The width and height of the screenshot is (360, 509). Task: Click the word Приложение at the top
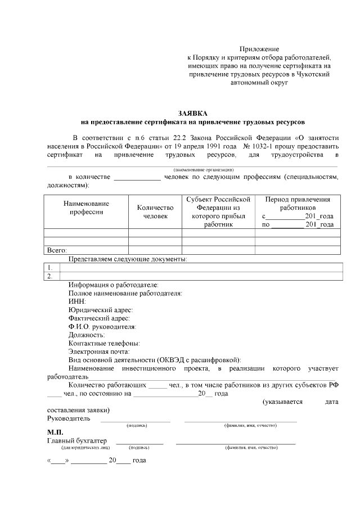click(259, 49)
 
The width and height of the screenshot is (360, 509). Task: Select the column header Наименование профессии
click(86, 208)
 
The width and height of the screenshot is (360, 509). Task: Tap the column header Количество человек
click(155, 211)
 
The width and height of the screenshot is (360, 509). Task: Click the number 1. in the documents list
click(50, 267)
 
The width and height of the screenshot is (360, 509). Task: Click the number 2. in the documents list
click(50, 276)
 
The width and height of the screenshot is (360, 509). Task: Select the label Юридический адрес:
click(101, 310)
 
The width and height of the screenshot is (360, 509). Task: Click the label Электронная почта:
click(99, 352)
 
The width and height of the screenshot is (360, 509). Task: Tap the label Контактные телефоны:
click(104, 343)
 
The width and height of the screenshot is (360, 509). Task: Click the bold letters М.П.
click(55, 432)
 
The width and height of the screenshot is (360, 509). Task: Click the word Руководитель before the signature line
click(66, 418)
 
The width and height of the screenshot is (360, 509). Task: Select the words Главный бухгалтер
click(77, 440)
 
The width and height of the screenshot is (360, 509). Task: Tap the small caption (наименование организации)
click(203, 169)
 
